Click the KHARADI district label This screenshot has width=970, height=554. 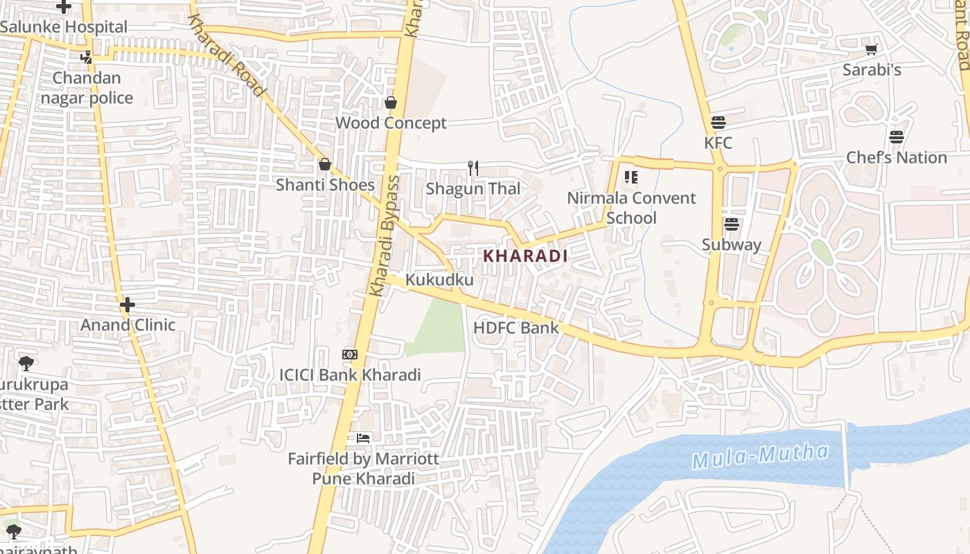pyautogui.click(x=525, y=256)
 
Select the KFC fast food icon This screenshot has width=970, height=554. pyautogui.click(x=718, y=123)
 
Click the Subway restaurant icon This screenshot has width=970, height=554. pyautogui.click(x=731, y=224)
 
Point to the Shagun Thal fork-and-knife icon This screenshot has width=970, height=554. pyautogui.click(x=473, y=168)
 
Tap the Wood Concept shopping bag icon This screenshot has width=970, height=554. pyautogui.click(x=391, y=102)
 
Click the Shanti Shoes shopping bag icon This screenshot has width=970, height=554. pyautogui.click(x=324, y=164)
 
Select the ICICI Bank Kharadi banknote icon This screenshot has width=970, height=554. pyautogui.click(x=350, y=355)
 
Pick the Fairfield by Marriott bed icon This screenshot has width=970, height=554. pyautogui.click(x=363, y=438)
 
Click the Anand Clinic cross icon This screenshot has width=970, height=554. pyautogui.click(x=127, y=305)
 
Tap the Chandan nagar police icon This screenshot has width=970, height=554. pyautogui.click(x=86, y=57)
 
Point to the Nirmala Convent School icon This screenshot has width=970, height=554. pyautogui.click(x=630, y=177)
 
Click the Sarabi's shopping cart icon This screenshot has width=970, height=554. pyautogui.click(x=871, y=49)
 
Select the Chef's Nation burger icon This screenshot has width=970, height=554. pyautogui.click(x=897, y=137)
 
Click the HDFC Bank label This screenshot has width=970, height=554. pyautogui.click(x=515, y=328)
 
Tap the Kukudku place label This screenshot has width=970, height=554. pyautogui.click(x=439, y=280)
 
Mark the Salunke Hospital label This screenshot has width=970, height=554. pyautogui.click(x=64, y=27)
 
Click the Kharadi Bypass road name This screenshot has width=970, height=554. pyautogui.click(x=385, y=235)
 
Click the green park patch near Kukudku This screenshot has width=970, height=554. pyautogui.click(x=440, y=329)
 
